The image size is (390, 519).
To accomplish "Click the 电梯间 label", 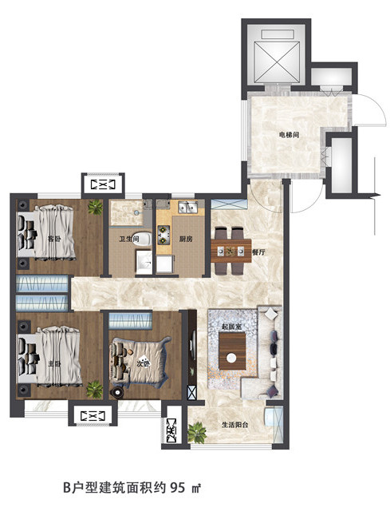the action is (x=289, y=135).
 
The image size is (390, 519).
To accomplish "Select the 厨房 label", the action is (x=186, y=239).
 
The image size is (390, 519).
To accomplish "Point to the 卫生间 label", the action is (x=129, y=239).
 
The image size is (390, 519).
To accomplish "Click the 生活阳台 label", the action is (x=234, y=425).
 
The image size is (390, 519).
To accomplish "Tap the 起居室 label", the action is (x=231, y=327).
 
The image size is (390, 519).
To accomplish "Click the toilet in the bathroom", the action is (x=142, y=239).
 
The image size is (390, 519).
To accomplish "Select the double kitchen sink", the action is (x=187, y=208).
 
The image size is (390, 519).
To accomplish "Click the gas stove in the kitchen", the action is (x=163, y=235).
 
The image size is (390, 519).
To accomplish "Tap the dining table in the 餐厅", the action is (x=231, y=251).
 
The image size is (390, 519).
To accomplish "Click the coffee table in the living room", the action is (x=232, y=351).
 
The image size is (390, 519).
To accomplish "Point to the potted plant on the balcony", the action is (x=197, y=433).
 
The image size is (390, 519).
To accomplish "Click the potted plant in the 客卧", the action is (x=95, y=208).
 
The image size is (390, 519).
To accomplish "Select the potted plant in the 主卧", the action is (x=95, y=390).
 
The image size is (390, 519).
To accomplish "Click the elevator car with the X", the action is (x=276, y=61).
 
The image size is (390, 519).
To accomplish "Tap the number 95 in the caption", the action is (x=178, y=488).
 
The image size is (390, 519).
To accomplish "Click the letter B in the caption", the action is (x=67, y=488).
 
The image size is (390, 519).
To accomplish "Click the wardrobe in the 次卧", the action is (x=130, y=320).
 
